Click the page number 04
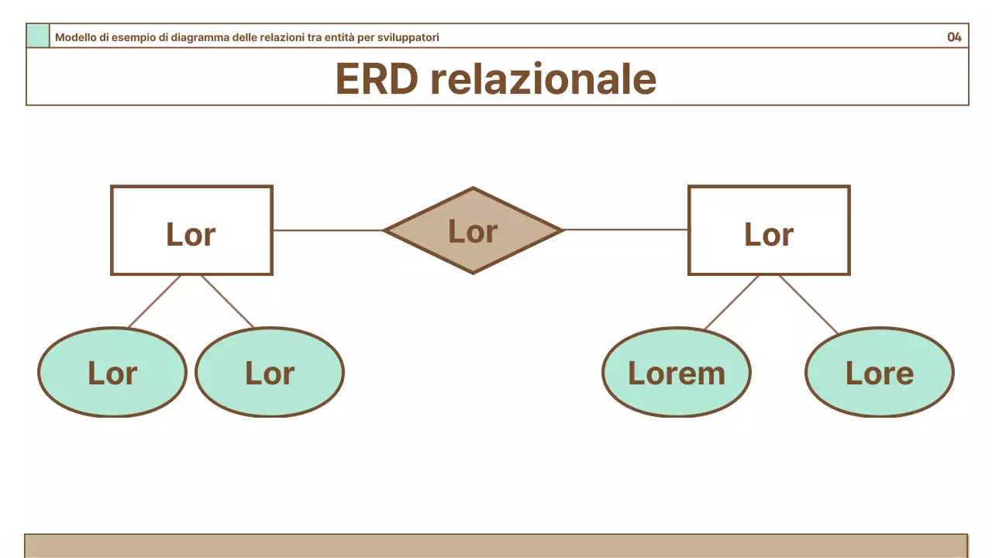(x=954, y=37)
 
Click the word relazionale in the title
(x=542, y=79)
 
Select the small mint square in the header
(x=37, y=36)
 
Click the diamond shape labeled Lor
(x=473, y=230)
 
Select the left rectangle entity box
(x=191, y=230)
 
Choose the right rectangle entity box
(x=769, y=230)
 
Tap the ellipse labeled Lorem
(x=676, y=373)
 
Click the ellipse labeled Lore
(x=879, y=373)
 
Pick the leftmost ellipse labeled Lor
(x=112, y=373)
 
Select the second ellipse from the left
(x=269, y=373)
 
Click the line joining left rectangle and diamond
(x=328, y=230)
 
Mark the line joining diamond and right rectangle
(x=625, y=230)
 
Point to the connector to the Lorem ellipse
(x=732, y=302)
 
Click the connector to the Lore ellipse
(x=808, y=305)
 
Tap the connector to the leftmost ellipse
(x=154, y=301)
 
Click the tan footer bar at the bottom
(x=496, y=546)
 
